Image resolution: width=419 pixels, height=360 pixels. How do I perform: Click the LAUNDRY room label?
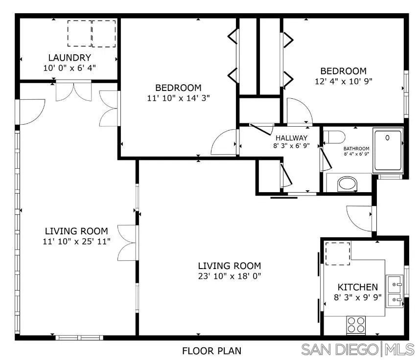70,58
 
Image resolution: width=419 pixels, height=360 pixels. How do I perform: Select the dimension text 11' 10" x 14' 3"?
179,98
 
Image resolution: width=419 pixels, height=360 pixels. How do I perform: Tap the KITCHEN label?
358,287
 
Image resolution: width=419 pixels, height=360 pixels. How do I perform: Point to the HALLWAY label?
292,138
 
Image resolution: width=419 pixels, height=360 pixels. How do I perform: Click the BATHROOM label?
356,149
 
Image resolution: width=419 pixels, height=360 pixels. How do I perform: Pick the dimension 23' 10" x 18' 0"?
230,276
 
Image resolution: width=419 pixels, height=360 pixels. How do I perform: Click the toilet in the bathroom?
334,137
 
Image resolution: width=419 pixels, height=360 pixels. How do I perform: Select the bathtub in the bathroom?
388,151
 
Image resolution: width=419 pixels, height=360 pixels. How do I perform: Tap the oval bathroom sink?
347,184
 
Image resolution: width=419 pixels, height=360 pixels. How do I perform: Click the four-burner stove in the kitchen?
356,325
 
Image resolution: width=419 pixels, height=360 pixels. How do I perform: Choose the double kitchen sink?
395,292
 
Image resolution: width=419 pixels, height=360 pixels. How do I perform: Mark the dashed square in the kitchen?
337,254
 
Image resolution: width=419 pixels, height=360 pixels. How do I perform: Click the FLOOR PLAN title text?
211,351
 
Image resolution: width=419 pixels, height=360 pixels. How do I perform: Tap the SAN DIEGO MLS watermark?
358,349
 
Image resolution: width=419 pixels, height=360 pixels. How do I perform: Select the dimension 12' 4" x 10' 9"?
344,81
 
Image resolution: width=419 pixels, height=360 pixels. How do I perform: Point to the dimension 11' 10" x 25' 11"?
76,242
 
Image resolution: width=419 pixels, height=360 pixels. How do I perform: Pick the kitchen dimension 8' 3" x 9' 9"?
357,297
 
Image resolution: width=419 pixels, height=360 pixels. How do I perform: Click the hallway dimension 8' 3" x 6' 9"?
291,146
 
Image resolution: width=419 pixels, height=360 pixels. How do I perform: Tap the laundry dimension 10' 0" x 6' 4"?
70,68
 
